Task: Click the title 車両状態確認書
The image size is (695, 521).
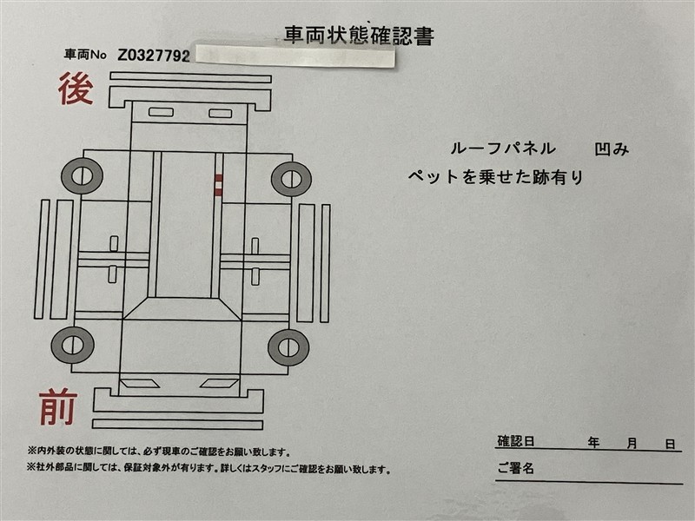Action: coord(359,36)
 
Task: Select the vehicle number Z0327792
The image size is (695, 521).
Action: coord(154,56)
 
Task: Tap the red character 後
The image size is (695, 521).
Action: coord(76,89)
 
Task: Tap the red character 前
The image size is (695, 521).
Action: coord(58,406)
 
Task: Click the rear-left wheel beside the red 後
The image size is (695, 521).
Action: coord(82,176)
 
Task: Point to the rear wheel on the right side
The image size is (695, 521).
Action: coord(291,179)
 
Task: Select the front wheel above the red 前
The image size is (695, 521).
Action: coord(73,345)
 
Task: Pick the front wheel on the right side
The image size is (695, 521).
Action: coord(288,347)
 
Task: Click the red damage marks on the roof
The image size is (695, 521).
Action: coord(219,185)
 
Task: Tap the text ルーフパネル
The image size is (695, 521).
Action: coord(503,148)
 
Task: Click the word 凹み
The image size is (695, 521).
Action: coord(612,149)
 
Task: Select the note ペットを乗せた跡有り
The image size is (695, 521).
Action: coord(495,177)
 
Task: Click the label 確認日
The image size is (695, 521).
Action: coord(515,441)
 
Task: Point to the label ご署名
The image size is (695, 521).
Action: coord(515,468)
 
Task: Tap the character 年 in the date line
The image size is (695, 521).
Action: coord(593,443)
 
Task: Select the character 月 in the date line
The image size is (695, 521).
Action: coord(632,443)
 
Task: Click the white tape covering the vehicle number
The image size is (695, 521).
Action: coord(295,56)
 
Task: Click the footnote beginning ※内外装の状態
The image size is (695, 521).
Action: coord(159,452)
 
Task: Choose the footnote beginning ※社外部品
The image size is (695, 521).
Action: coord(208,468)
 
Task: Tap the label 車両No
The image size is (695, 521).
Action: coord(85,55)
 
